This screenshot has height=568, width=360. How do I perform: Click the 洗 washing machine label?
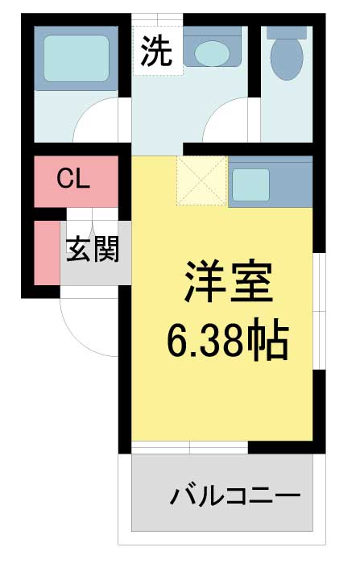[157, 52]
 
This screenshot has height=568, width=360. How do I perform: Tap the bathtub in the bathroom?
[76, 57]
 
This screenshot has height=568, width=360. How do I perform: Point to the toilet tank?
[286, 32]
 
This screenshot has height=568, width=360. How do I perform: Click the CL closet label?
[72, 180]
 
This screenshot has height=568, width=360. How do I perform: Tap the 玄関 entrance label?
[92, 250]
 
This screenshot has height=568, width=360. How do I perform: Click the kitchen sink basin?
[251, 184]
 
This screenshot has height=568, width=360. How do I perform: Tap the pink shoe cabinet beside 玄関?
[47, 251]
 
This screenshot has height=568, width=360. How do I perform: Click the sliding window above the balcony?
[190, 447]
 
